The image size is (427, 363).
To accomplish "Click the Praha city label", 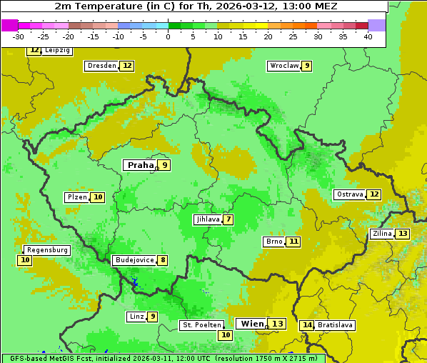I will pos(140,165).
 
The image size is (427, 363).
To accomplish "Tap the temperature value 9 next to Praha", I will pos(164,165).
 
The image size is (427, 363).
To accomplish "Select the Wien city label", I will pos(251,324).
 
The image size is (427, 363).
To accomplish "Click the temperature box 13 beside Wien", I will pos(277,324).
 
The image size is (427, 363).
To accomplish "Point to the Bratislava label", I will pos(336,325).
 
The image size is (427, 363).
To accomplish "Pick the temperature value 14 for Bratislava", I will pos(307,325).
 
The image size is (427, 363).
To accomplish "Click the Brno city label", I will pos(273,242).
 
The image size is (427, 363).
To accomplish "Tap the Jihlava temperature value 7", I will pos(228,219).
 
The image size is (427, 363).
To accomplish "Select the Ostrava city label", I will pos(349,194).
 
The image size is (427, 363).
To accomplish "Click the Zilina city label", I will pos(381,234).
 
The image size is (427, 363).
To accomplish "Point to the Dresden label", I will pos(101,66).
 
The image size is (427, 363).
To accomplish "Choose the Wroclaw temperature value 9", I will pos(307,66).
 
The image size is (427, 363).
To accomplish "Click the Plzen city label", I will pos(76,197).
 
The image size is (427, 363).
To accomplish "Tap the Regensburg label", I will pos(47,250).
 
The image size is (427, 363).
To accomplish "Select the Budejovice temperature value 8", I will pos(163,260).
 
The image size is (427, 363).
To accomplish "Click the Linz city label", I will pos(136,317).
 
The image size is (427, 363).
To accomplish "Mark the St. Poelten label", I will pos(201,325).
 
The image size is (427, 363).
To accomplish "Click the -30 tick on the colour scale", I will pos(19,36).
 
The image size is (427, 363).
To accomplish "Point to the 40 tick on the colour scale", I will pos(368,36).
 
